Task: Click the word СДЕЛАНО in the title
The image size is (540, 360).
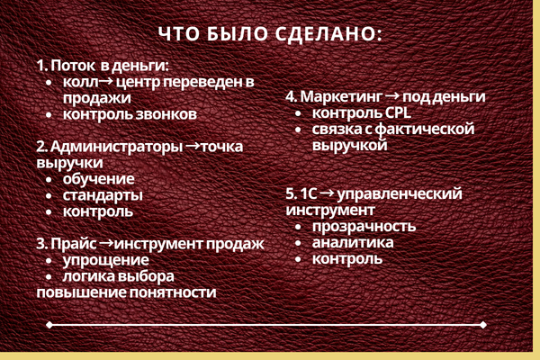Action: pyautogui.click(x=328, y=34)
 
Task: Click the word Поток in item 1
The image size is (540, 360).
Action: pyautogui.click(x=73, y=66)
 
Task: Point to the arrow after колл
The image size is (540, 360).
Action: pyautogui.click(x=106, y=81)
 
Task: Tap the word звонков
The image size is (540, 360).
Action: pyautogui.click(x=166, y=114)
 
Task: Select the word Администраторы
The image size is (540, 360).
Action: pyautogui.click(x=116, y=147)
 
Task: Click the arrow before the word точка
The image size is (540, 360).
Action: pyautogui.click(x=193, y=146)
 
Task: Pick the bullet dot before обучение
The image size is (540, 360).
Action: pyautogui.click(x=49, y=179)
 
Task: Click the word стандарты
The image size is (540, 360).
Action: pyautogui.click(x=103, y=195)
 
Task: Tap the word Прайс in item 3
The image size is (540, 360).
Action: pyautogui.click(x=74, y=244)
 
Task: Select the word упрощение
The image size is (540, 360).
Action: pyautogui.click(x=106, y=260)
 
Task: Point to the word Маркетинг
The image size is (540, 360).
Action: pyautogui.click(x=341, y=97)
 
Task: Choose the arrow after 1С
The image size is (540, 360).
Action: pyautogui.click(x=328, y=193)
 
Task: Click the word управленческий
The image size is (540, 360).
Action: pyautogui.click(x=400, y=194)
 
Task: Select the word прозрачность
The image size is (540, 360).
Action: pyautogui.click(x=364, y=227)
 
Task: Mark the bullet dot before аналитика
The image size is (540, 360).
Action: pyautogui.click(x=298, y=243)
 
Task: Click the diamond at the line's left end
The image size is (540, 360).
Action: pyautogui.click(x=49, y=325)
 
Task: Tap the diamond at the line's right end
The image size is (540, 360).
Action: pyautogui.click(x=483, y=325)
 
